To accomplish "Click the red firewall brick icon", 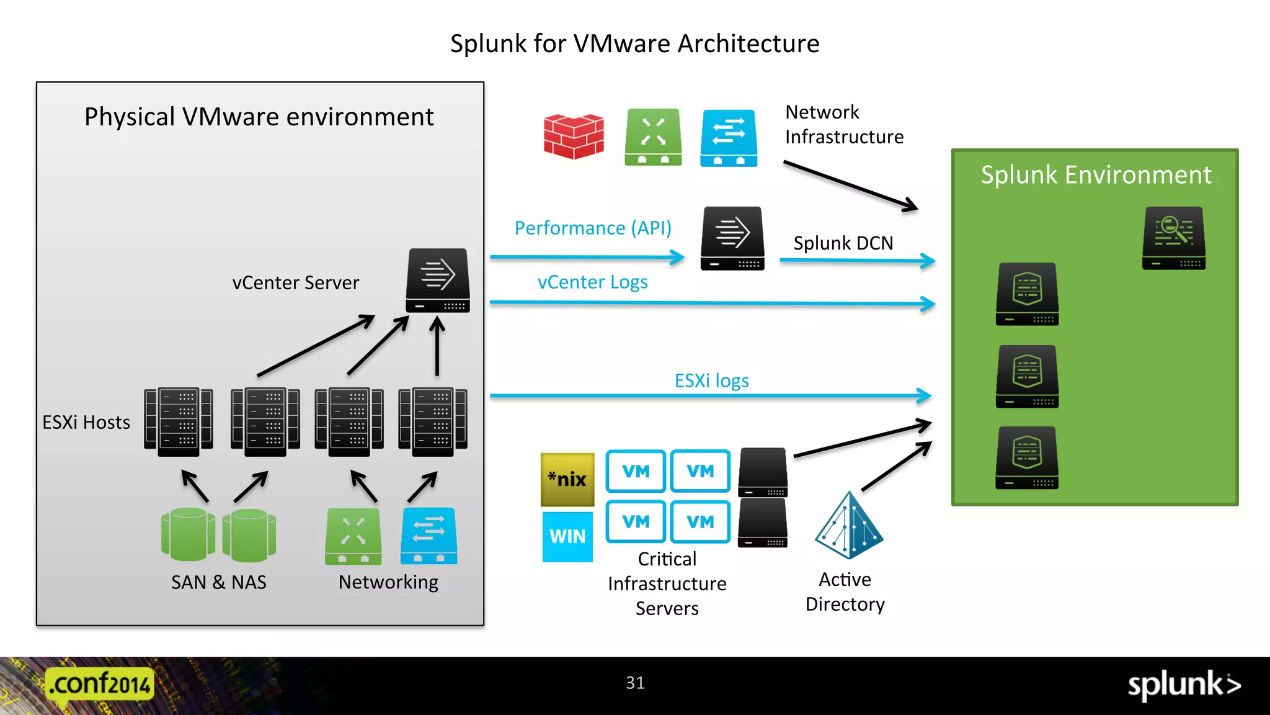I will [574, 137].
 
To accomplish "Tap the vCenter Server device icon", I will [438, 281].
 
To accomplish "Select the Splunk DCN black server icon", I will [732, 238].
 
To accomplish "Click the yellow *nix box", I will [567, 479].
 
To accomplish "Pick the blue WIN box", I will [567, 536].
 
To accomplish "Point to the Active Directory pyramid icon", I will [848, 526].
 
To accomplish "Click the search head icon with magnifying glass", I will [1174, 238].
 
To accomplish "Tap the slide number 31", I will [635, 683].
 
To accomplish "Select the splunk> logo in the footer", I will [1183, 685].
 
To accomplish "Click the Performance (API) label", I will [593, 228].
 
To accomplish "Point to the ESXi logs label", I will [711, 380].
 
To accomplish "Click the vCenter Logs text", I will [592, 282].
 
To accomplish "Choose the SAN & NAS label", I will [218, 582].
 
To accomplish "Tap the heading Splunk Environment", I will [1096, 175].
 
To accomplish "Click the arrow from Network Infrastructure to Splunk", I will [850, 185].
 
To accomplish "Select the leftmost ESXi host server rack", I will [179, 422].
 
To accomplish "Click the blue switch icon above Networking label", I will [429, 536].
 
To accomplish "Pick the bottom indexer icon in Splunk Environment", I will [1027, 457].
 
